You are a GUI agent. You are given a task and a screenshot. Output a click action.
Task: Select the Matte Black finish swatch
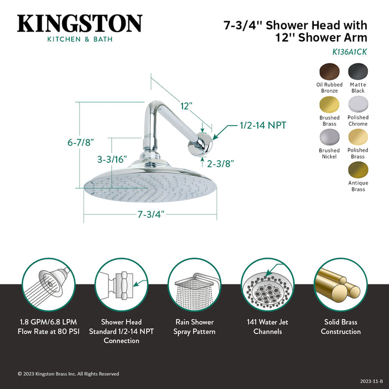coord(358,72)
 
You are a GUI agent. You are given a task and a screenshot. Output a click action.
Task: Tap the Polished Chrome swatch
coord(358,105)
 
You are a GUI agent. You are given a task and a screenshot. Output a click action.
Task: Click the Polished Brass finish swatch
coord(358,138)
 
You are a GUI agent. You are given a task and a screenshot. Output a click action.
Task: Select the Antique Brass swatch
coord(358,170)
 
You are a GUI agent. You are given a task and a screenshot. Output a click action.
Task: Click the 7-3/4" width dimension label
coord(151,214)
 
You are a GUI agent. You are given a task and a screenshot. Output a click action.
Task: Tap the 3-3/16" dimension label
coord(112,159)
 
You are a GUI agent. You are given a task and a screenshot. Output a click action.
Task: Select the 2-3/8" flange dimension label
coord(220,164)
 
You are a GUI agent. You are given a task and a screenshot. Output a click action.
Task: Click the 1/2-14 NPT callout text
coord(262,126)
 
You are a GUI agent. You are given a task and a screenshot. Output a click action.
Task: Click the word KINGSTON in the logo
coord(79,24)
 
